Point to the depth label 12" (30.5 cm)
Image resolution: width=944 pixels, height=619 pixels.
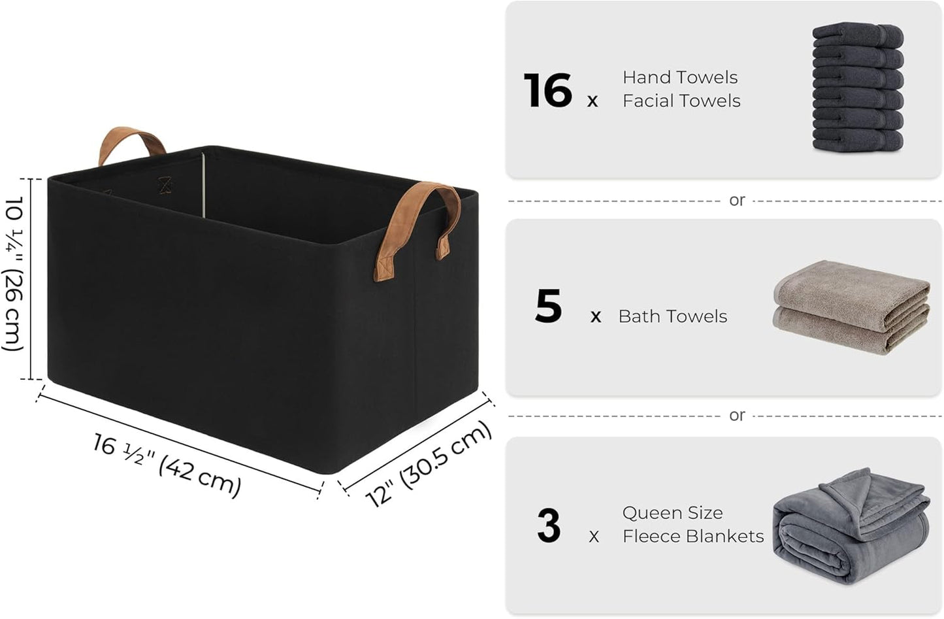tap(429, 463)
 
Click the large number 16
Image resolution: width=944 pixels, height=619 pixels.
tap(547, 91)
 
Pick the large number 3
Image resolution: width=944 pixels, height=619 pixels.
tap(549, 526)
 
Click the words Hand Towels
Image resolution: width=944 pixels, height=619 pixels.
tap(679, 77)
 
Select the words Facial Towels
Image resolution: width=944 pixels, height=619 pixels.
tap(681, 101)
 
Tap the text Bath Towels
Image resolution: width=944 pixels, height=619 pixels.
tap(672, 316)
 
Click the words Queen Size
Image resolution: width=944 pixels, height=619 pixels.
tap(672, 512)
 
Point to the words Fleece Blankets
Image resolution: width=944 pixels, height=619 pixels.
tap(692, 536)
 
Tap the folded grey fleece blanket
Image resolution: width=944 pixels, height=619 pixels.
tap(850, 526)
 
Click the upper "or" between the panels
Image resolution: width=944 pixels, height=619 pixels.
tap(737, 201)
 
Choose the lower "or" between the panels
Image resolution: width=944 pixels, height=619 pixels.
tap(737, 416)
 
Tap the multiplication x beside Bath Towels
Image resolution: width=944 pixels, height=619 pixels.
tap(595, 318)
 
